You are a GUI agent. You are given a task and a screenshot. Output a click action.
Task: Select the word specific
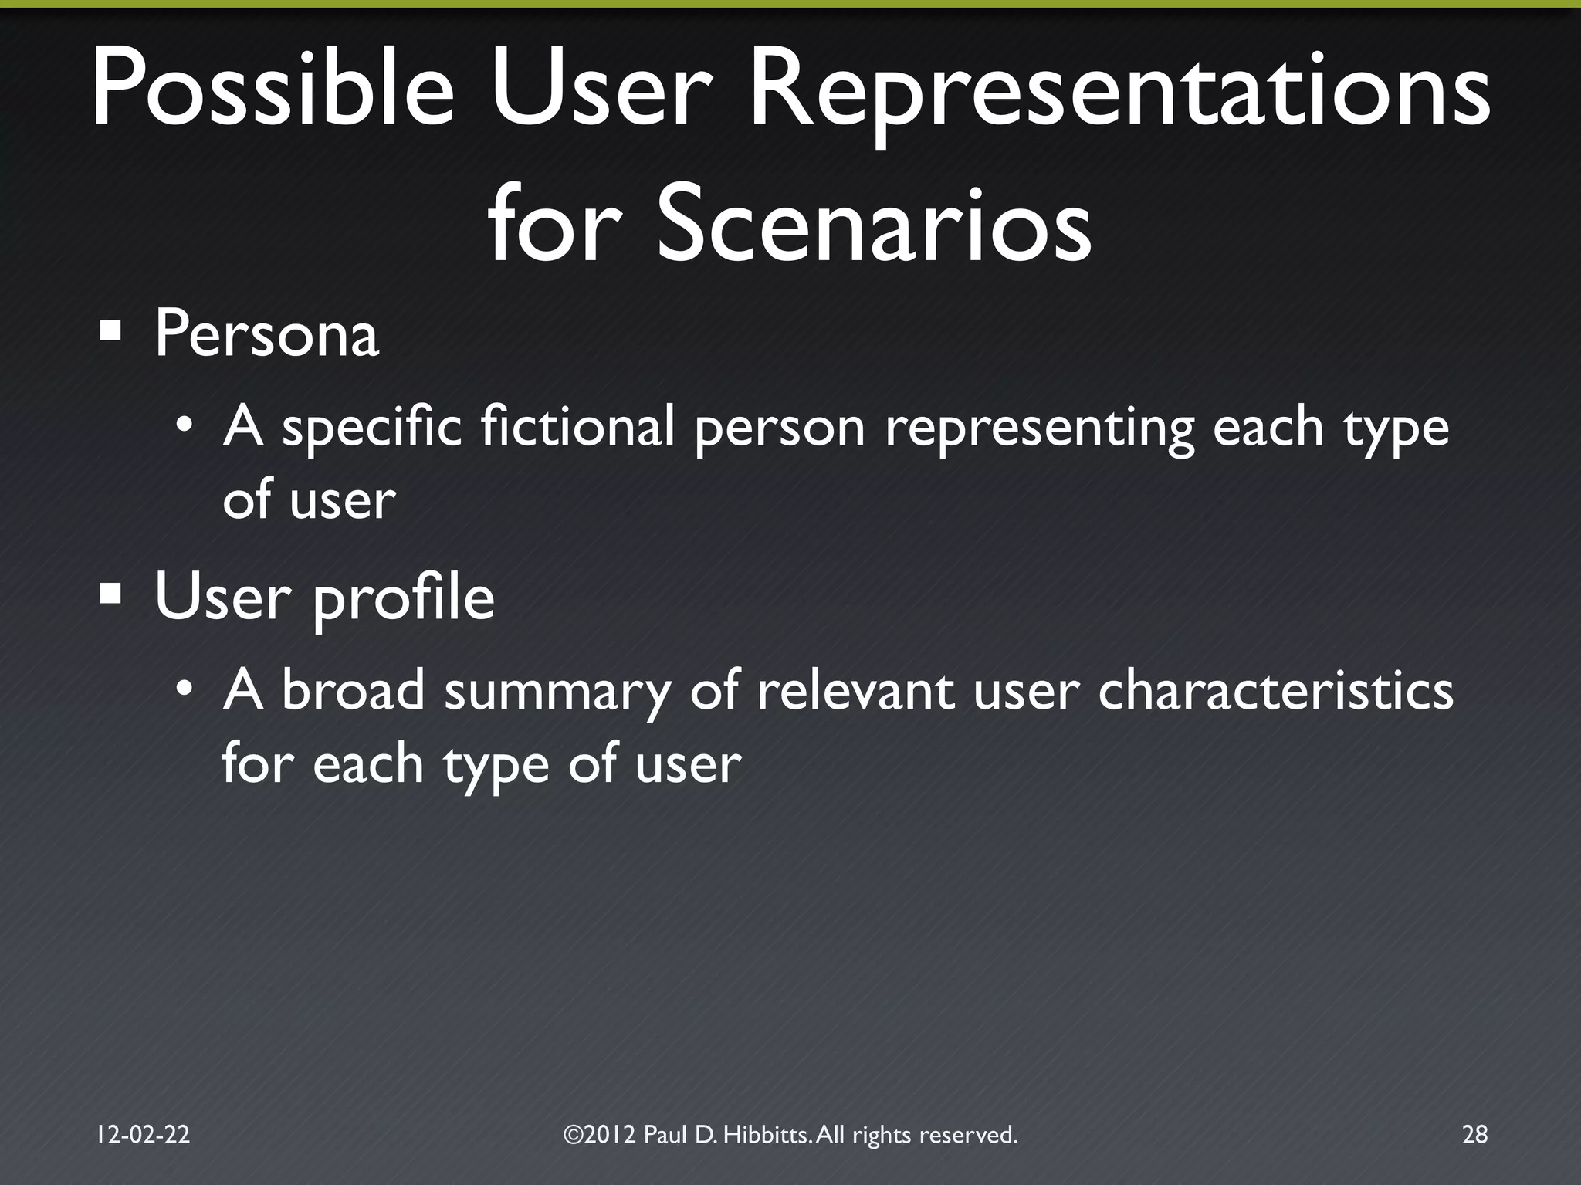(371, 429)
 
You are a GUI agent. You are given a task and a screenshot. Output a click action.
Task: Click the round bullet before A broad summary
(184, 686)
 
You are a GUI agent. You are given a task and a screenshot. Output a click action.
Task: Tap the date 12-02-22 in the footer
(143, 1134)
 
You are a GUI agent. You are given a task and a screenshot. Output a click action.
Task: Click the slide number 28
(1474, 1134)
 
